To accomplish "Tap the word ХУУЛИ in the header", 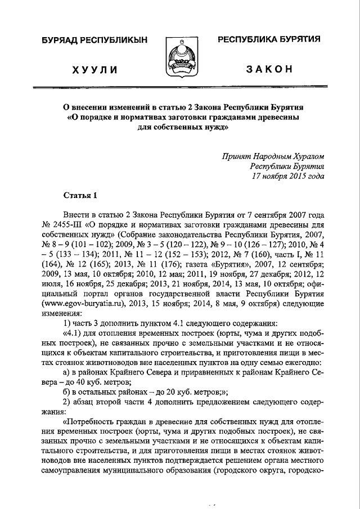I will pyautogui.click(x=94, y=70).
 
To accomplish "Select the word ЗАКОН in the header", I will pyautogui.click(x=269, y=69).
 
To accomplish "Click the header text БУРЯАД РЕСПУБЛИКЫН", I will pyautogui.click(x=94, y=40).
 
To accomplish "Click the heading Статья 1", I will pyautogui.click(x=80, y=195).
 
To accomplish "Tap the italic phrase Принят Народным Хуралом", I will pyautogui.click(x=273, y=156).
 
